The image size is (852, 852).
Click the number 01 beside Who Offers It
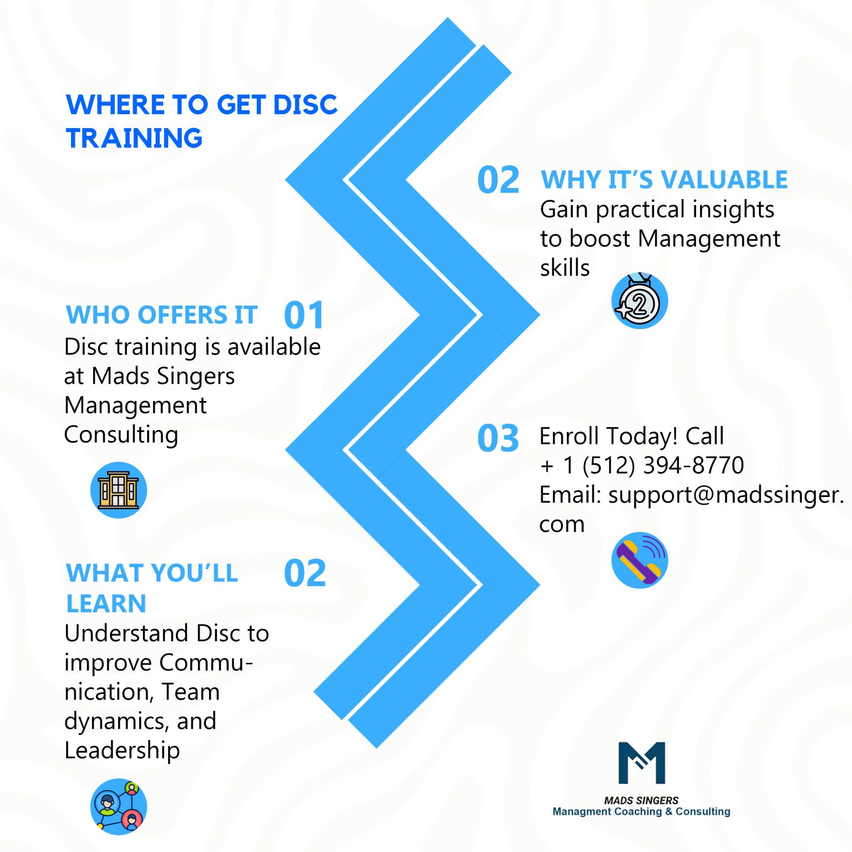pyautogui.click(x=303, y=315)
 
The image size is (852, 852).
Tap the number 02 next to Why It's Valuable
pyautogui.click(x=498, y=180)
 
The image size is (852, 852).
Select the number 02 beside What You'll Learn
pyautogui.click(x=305, y=573)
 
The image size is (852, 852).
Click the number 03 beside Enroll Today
pyautogui.click(x=498, y=438)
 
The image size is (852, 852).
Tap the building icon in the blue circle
pyautogui.click(x=118, y=490)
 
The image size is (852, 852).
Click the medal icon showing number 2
pyautogui.click(x=640, y=301)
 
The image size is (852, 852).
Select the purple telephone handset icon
pyautogui.click(x=640, y=560)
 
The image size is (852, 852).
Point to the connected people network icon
pyautogui.click(x=118, y=807)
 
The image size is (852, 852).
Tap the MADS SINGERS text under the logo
pyautogui.click(x=641, y=800)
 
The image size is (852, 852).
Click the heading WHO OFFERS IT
pyautogui.click(x=162, y=315)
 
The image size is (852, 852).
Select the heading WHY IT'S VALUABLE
pyautogui.click(x=664, y=180)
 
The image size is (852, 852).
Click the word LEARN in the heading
pyautogui.click(x=106, y=603)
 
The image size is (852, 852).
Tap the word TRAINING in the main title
pyautogui.click(x=134, y=138)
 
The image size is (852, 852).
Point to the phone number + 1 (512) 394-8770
pyautogui.click(x=642, y=465)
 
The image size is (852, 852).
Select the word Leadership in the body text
pyautogui.click(x=122, y=750)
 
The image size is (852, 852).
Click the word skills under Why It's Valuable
pyautogui.click(x=565, y=268)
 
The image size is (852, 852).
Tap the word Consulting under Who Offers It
pyautogui.click(x=121, y=435)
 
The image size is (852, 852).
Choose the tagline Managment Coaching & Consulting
pyautogui.click(x=641, y=812)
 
